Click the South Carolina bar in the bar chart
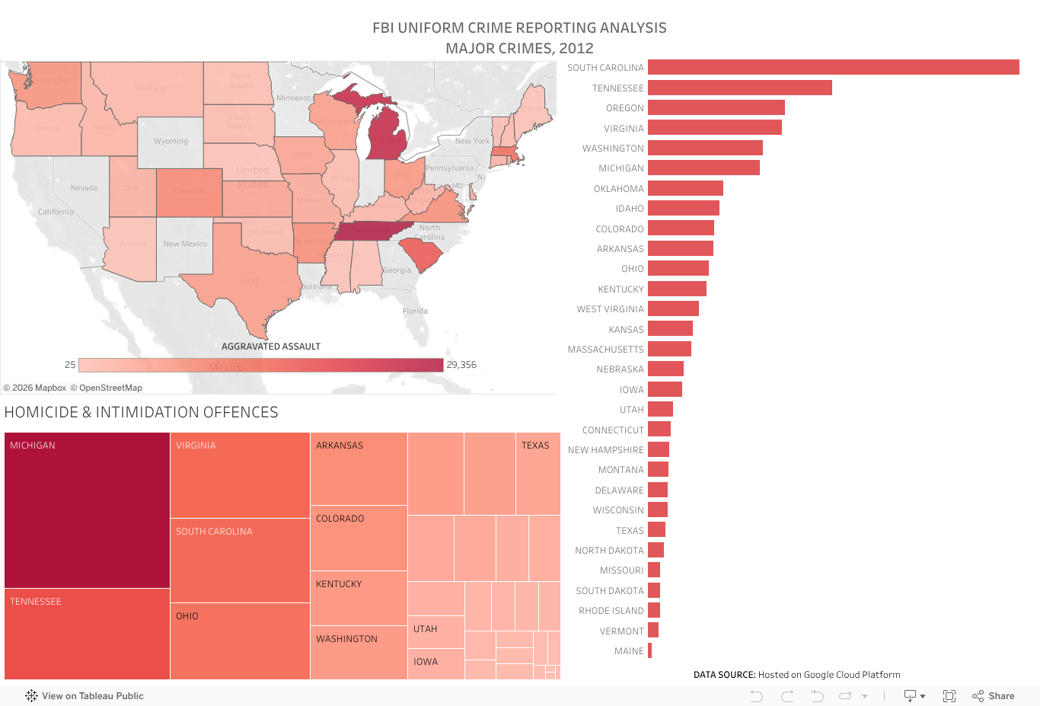click(833, 68)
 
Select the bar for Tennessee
click(739, 88)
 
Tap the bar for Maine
click(649, 651)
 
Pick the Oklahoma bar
click(685, 189)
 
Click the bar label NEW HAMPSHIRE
click(605, 450)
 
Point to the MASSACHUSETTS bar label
click(605, 350)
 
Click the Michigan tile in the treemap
click(87, 510)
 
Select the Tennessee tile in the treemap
click(87, 634)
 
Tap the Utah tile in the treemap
click(435, 631)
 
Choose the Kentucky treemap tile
click(359, 598)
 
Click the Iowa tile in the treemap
click(435, 663)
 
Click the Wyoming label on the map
click(171, 142)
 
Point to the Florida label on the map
click(415, 311)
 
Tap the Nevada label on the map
click(84, 188)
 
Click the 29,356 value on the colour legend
click(461, 365)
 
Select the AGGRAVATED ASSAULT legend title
click(271, 347)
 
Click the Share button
click(994, 696)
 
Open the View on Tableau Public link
click(85, 696)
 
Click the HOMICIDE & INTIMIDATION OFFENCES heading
click(142, 413)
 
